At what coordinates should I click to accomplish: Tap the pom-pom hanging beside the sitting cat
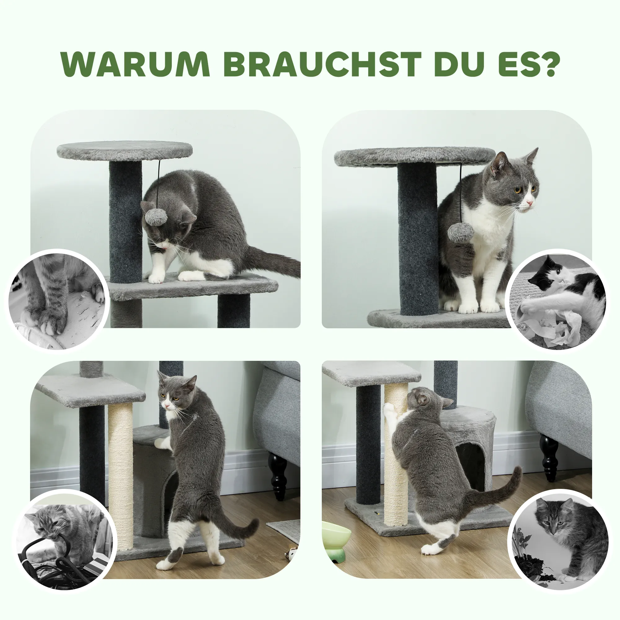461,232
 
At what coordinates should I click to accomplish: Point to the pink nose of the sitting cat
530,203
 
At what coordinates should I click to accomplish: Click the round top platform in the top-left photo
125,151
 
